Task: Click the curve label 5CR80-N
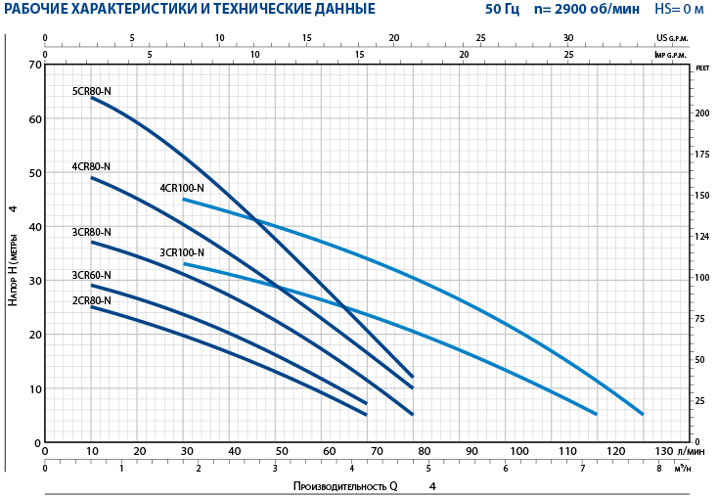92,91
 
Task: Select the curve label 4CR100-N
182,188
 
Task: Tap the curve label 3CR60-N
91,275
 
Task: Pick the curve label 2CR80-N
91,300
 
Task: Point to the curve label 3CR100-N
182,252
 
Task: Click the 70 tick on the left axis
37,65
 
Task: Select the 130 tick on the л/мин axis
663,451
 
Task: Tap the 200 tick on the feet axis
702,113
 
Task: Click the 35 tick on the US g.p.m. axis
655,38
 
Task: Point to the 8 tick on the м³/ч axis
660,468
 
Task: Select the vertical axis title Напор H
13,270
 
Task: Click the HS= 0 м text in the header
679,10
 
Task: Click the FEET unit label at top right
702,68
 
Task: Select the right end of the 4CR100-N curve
643,414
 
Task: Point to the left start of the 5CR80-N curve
92,98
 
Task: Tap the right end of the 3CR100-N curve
596,414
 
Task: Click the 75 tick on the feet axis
702,319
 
